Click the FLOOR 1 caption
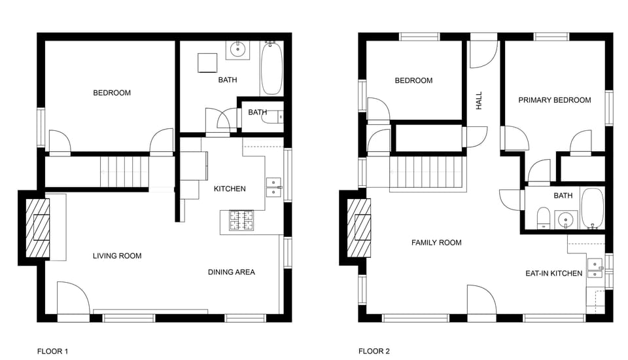(52, 351)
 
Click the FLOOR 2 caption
(374, 351)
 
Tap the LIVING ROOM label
(117, 256)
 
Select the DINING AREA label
(232, 272)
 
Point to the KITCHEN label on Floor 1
(230, 189)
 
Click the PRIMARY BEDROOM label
(555, 100)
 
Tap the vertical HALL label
(479, 100)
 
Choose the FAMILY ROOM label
(436, 243)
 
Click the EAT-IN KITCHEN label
(553, 274)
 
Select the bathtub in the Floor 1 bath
(271, 69)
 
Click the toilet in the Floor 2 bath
(544, 217)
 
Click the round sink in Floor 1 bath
(237, 48)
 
